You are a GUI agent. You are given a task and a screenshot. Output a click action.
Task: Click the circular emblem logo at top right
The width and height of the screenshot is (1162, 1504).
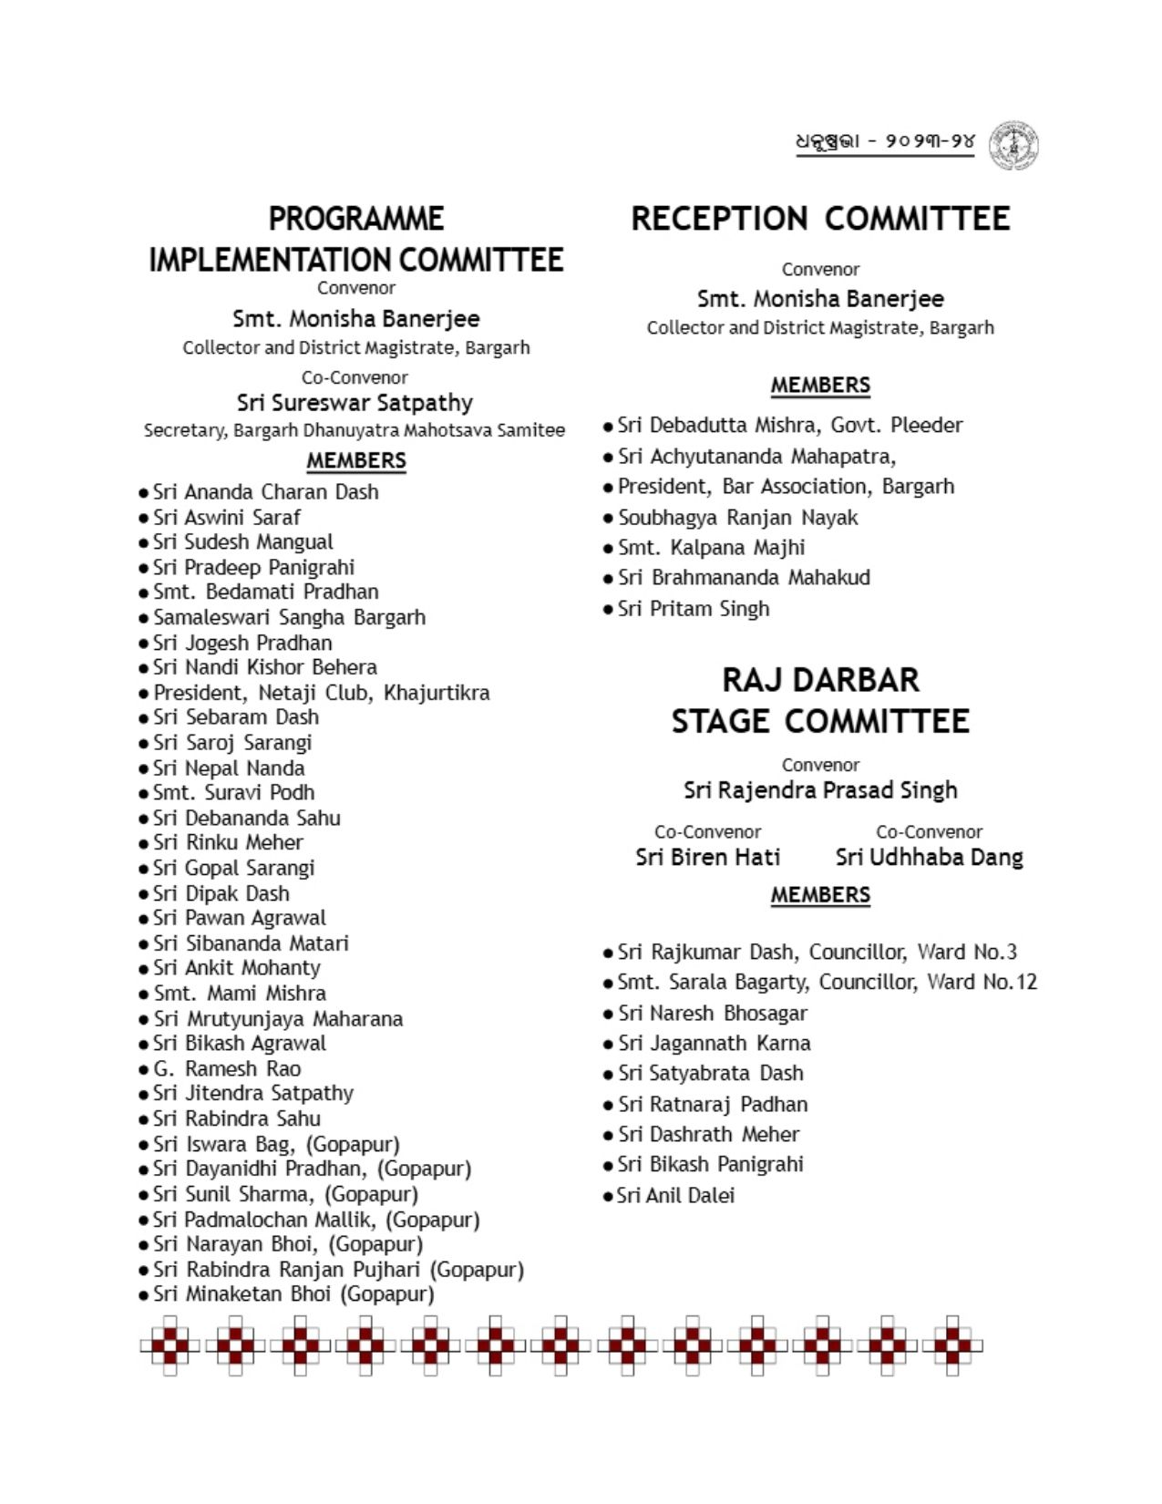click(x=1013, y=145)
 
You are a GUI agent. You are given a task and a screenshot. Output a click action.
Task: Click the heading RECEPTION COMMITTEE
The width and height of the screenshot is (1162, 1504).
click(x=820, y=219)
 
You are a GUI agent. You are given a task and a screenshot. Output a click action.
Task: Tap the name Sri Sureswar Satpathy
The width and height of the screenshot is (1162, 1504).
click(x=355, y=403)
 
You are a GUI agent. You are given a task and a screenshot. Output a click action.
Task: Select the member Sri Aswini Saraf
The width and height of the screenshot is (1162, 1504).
click(x=226, y=517)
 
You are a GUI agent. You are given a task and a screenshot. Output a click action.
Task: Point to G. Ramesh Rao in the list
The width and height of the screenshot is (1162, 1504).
click(x=227, y=1068)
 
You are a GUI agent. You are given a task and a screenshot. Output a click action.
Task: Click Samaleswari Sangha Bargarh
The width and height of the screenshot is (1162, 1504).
click(x=289, y=617)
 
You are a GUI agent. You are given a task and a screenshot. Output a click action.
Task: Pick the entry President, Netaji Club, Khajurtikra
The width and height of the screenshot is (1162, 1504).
click(x=321, y=693)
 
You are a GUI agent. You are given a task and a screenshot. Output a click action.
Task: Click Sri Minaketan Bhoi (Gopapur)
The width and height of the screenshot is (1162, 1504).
click(x=293, y=1294)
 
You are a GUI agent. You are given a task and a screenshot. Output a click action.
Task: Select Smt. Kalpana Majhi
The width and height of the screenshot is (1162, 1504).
click(x=711, y=548)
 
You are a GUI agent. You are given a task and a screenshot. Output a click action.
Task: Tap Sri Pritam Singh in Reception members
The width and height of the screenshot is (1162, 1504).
click(x=693, y=609)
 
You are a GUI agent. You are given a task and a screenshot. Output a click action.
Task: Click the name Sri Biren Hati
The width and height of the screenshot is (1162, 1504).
click(x=708, y=858)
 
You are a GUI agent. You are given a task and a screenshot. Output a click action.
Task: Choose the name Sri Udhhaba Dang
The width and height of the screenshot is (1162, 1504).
click(x=929, y=858)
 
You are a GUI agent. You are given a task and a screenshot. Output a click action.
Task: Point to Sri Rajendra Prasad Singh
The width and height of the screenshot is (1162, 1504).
click(x=820, y=790)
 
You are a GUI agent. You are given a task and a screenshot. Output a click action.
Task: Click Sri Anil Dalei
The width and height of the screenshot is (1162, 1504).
click(x=674, y=1196)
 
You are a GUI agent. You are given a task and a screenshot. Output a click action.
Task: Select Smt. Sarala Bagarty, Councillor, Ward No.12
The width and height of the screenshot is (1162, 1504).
click(x=827, y=983)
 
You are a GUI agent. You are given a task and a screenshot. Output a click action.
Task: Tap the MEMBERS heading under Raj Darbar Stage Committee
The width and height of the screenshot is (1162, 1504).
click(x=820, y=895)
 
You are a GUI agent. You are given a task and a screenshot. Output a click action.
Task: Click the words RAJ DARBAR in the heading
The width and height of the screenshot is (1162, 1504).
click(x=820, y=680)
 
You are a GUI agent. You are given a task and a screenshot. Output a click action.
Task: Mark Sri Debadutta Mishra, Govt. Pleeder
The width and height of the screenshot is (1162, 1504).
click(x=789, y=426)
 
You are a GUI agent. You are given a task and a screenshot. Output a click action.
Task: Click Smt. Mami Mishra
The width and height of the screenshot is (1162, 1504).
click(x=239, y=994)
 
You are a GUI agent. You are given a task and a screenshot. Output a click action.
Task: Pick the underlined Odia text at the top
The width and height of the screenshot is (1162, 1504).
click(x=885, y=142)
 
